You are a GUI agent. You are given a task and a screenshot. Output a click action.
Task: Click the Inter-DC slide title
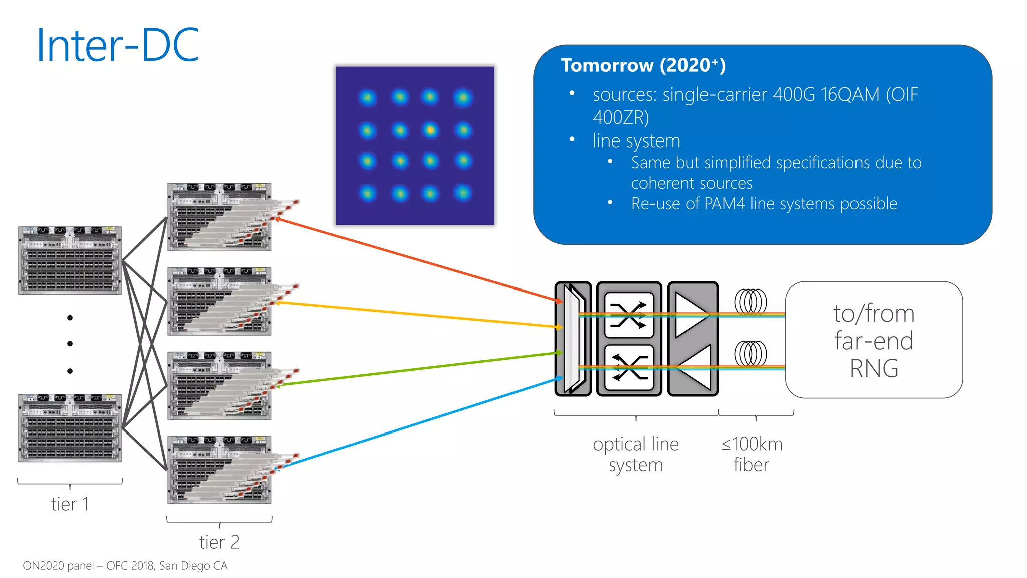coord(118,45)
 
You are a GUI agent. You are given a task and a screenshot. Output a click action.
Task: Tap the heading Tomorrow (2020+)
coord(643,65)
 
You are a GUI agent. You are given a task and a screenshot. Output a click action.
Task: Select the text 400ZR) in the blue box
coord(621,117)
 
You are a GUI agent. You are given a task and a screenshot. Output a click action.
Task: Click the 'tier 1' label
coord(70,504)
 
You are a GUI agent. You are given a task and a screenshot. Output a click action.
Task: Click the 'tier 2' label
coord(219,542)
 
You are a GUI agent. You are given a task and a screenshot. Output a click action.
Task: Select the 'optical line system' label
coord(636,454)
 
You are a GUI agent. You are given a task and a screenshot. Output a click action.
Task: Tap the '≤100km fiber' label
coord(751,454)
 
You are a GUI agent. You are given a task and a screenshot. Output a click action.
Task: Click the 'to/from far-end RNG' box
coord(874,340)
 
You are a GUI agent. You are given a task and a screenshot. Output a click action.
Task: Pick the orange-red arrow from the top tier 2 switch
coord(416,259)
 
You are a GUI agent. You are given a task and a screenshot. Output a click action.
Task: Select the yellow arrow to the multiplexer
coord(416,315)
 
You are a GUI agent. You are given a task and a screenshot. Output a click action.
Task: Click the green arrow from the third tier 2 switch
coord(416,369)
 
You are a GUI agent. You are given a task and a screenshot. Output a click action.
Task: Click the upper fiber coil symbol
coord(751,302)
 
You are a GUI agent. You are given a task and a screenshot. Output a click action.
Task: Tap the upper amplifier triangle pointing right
coord(691,315)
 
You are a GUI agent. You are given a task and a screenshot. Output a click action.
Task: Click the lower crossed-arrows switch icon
coord(629,368)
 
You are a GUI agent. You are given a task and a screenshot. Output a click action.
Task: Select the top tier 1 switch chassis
coord(70,260)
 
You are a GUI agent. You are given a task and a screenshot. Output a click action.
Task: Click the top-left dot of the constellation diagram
coord(368,97)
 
